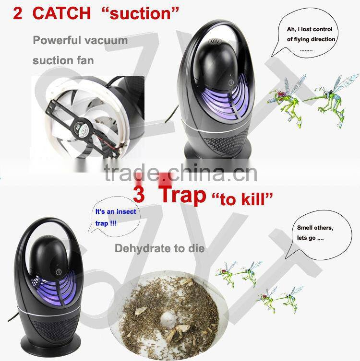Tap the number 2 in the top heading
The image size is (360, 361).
[18, 13]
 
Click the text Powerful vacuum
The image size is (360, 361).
[80, 40]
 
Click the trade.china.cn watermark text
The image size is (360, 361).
[181, 173]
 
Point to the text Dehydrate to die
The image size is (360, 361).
[159, 248]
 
